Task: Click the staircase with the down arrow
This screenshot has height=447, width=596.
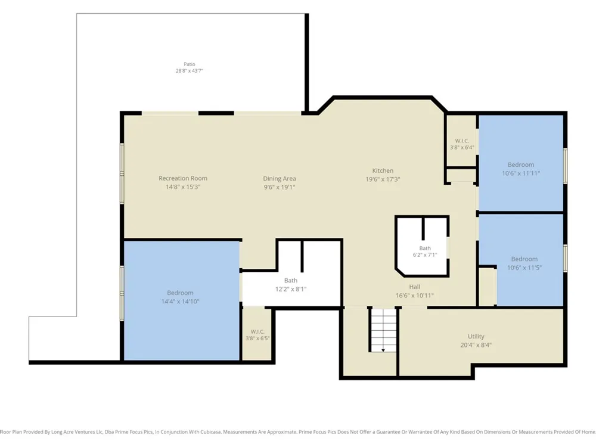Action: point(383,330)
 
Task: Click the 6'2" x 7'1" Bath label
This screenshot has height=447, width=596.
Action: point(425,252)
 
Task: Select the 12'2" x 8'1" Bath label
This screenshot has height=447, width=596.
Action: point(291,285)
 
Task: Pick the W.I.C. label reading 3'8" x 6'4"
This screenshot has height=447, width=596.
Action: point(462,144)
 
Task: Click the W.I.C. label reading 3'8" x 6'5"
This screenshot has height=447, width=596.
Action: point(257,335)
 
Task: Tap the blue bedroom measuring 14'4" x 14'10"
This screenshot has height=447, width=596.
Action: point(182,300)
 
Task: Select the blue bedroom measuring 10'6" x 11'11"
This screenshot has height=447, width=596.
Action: point(521,163)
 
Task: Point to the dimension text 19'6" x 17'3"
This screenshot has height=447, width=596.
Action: point(383,179)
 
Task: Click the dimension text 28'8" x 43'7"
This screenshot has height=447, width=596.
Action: point(190,71)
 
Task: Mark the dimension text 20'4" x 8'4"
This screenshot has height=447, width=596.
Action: point(476,345)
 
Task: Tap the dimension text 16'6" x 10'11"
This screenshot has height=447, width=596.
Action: point(414,296)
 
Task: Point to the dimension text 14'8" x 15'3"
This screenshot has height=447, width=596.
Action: point(183,187)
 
